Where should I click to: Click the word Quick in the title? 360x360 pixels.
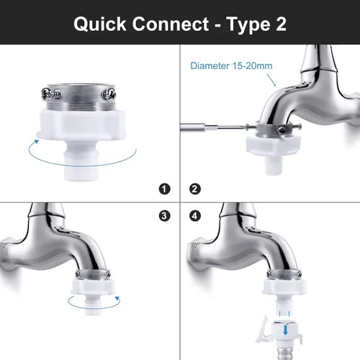[x=100, y=24]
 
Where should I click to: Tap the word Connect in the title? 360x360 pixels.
[x=171, y=24]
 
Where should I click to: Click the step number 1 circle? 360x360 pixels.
[x=164, y=189]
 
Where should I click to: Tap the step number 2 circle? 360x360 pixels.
[x=195, y=189]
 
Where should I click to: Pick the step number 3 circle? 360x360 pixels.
[x=164, y=216]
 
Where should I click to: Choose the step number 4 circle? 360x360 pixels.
[x=195, y=216]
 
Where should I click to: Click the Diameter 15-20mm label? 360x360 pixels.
[x=231, y=66]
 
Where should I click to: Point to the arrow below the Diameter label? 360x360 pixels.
[x=271, y=80]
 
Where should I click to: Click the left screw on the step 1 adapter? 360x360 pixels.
[x=51, y=94]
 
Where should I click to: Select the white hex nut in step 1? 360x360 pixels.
[x=81, y=125]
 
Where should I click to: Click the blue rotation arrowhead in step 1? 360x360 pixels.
[x=36, y=142]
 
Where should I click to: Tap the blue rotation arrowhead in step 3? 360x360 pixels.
[x=117, y=299]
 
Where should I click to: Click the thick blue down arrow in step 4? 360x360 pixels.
[x=286, y=330]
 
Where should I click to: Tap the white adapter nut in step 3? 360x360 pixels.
[x=93, y=287]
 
